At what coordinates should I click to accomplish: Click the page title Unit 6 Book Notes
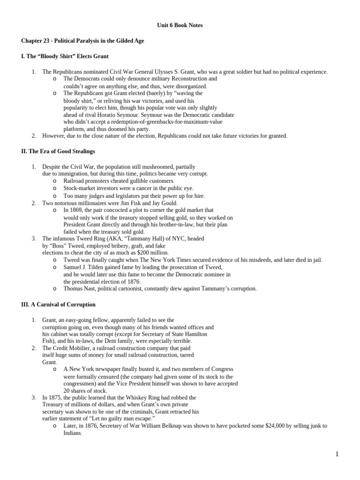180,25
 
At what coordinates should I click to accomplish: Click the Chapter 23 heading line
82,41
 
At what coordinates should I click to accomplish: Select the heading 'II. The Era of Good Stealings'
58,151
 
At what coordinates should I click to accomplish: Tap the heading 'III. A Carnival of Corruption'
59,304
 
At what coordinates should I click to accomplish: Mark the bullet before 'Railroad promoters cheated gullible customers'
55,181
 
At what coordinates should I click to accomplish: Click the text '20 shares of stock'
85,390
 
